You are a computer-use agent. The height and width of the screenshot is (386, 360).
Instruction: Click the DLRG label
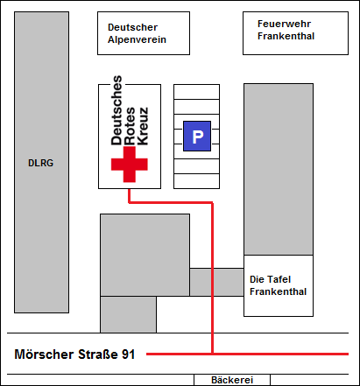tap(40, 163)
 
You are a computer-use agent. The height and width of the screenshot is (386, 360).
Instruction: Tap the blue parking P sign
tap(197, 137)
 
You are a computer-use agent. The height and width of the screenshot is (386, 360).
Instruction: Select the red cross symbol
tap(130, 165)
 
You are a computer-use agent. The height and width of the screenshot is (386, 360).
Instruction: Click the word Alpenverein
tap(137, 39)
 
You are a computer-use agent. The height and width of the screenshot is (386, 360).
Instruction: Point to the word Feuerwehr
tap(284, 24)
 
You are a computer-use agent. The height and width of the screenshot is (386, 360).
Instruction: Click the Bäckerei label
tap(232, 380)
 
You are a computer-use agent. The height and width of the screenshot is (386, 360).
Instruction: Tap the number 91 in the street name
tap(129, 354)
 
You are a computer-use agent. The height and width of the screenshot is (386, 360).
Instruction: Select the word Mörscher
tap(44, 354)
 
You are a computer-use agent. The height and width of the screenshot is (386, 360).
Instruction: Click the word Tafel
tap(279, 279)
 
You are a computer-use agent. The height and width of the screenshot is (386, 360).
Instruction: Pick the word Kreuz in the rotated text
tap(143, 126)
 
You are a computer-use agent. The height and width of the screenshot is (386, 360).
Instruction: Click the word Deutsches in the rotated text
tap(116, 110)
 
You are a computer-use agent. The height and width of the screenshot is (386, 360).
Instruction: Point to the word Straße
tap(98, 354)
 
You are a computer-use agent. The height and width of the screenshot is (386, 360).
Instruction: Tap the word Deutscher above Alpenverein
tap(132, 27)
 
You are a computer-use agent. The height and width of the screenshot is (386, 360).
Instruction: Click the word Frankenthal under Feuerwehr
tap(286, 36)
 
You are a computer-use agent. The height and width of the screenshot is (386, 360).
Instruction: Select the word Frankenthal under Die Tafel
tap(278, 291)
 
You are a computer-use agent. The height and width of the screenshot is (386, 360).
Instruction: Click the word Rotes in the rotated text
tap(130, 126)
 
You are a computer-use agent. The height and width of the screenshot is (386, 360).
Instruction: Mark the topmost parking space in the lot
tap(196, 92)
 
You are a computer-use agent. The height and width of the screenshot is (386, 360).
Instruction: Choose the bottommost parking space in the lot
tap(196, 181)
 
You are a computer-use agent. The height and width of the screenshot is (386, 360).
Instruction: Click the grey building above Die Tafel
tap(279, 169)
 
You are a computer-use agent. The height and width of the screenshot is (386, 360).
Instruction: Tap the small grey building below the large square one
tap(128, 314)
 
